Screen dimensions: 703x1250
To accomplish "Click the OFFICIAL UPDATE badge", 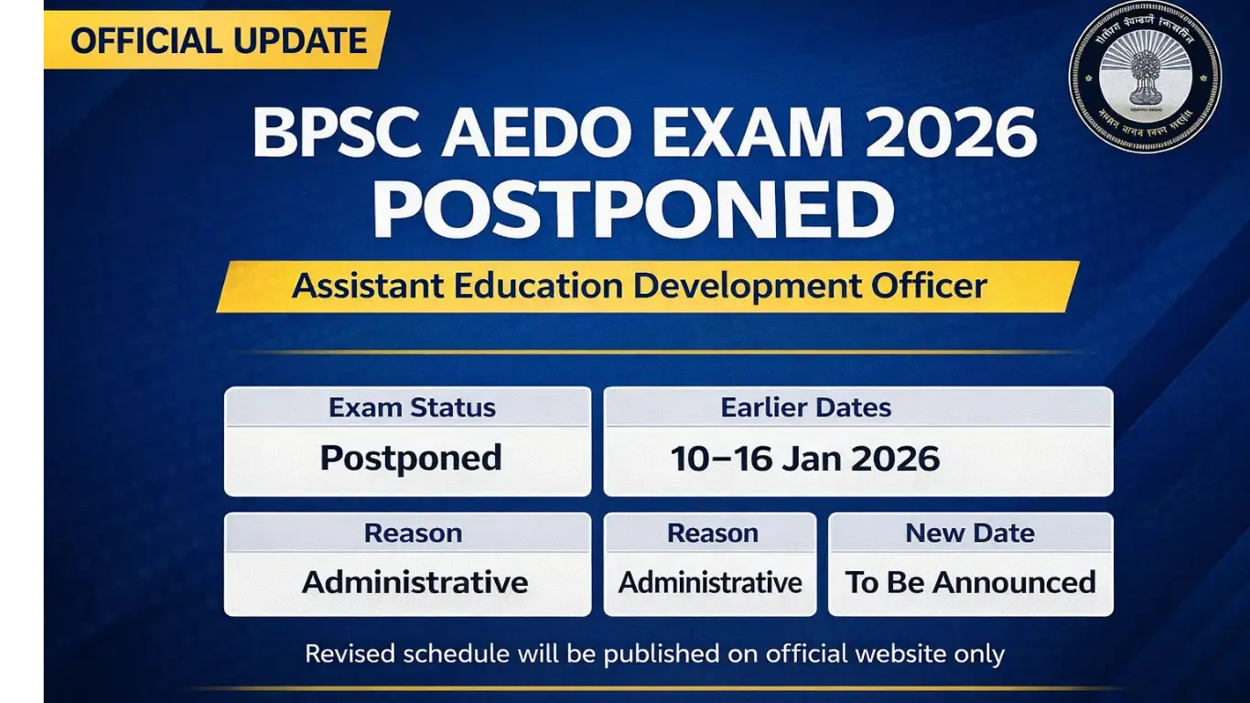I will [x=218, y=40].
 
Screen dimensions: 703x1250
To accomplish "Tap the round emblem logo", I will [x=1145, y=76].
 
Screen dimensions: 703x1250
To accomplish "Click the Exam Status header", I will [x=412, y=407].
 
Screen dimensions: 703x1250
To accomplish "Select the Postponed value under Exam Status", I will [x=411, y=458].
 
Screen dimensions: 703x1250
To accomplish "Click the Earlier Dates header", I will [x=806, y=407].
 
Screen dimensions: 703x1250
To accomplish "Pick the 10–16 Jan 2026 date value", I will [x=805, y=458].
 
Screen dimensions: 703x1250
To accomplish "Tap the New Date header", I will [x=970, y=533].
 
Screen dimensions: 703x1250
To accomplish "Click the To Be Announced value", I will [x=970, y=582].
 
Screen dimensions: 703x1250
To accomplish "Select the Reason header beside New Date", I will [x=713, y=533].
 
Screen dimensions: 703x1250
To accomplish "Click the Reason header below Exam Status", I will [x=413, y=533].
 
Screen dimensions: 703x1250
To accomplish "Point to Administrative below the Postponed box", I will [x=415, y=582].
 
